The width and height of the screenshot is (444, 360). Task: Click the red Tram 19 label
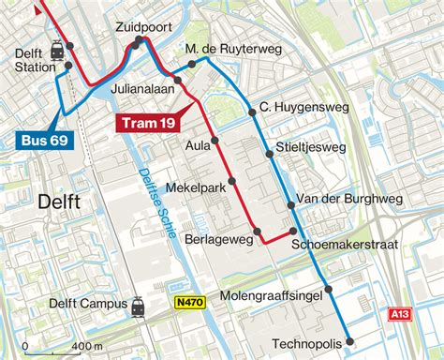coord(149,122)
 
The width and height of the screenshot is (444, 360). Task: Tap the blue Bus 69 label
coord(43,141)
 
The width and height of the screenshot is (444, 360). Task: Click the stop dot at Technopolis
coord(348,341)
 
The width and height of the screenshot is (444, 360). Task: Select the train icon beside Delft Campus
coord(139,305)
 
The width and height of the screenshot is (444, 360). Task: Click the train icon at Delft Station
coord(58,50)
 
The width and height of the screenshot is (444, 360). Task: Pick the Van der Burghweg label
coord(348,198)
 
